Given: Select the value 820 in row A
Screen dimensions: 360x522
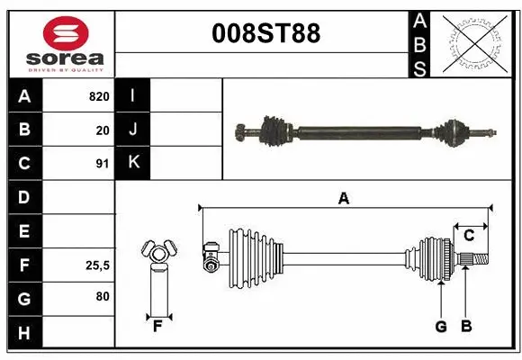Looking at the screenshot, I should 99,96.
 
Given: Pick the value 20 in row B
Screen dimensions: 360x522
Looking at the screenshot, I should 103,130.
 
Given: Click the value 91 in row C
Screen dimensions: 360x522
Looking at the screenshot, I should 103,164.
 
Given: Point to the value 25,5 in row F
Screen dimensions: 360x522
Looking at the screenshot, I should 97,265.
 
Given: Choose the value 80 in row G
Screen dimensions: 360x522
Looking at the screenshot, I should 102,296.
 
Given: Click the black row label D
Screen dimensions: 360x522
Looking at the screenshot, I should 23,197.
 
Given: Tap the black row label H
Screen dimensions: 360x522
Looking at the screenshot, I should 23,332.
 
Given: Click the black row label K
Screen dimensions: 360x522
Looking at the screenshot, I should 133,163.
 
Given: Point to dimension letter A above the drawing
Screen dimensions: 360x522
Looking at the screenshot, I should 343,199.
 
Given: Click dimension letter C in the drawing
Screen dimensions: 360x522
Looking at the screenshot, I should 468,236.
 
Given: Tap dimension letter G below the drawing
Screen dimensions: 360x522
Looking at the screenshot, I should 441,327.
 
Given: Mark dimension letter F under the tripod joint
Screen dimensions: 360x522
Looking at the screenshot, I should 157,326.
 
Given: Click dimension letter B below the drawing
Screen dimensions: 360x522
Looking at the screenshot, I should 466,327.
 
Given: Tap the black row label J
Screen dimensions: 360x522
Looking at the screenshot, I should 133,130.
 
